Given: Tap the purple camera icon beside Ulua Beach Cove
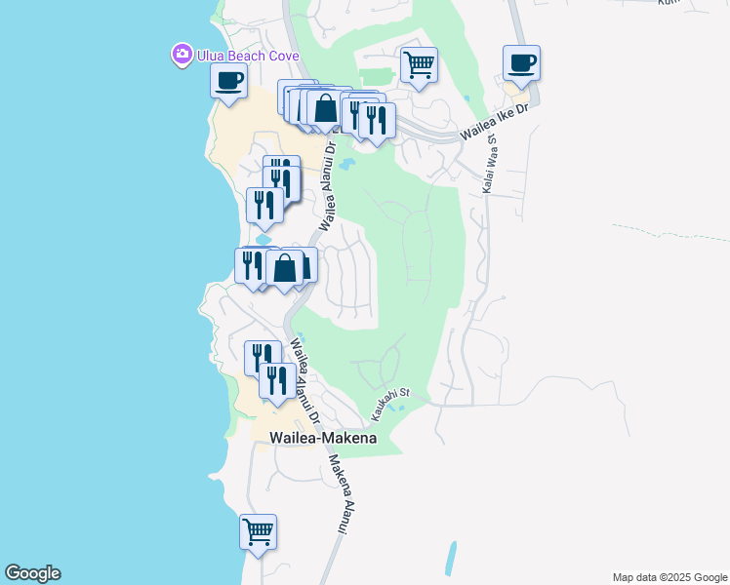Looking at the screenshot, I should pyautogui.click(x=182, y=55).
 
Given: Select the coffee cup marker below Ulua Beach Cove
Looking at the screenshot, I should pyautogui.click(x=229, y=82).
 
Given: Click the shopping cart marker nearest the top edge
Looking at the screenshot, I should pyautogui.click(x=419, y=66).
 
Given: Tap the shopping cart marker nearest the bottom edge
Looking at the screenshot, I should pyautogui.click(x=258, y=533).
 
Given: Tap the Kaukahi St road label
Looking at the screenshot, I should pyautogui.click(x=387, y=408).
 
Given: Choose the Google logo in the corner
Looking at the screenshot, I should pyautogui.click(x=32, y=573).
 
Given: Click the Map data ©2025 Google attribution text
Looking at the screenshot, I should pyautogui.click(x=669, y=577).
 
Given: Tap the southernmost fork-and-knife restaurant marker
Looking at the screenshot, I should pyautogui.click(x=277, y=381).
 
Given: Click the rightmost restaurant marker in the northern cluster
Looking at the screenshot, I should pyautogui.click(x=376, y=121).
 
